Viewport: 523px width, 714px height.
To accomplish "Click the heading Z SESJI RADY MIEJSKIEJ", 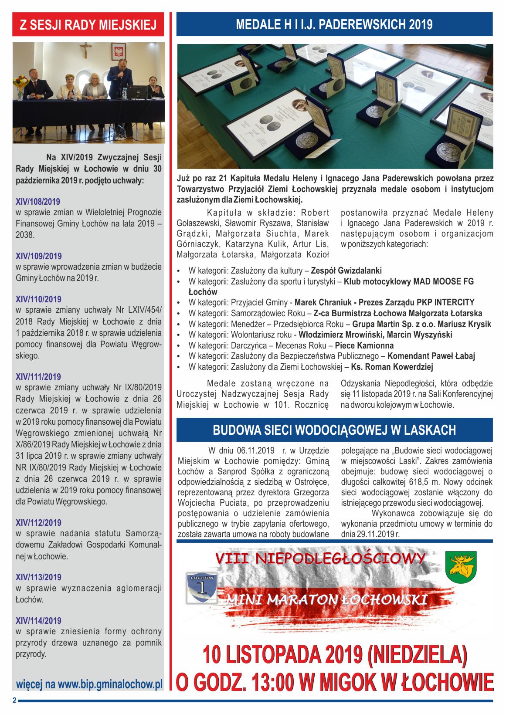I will pyautogui.click(x=88, y=24).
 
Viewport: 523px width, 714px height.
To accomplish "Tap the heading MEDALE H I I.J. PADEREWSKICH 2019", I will pyautogui.click(x=334, y=24).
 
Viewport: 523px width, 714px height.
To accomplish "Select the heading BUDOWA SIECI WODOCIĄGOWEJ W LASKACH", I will pyautogui.click(x=334, y=430).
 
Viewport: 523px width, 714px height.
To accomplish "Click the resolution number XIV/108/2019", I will pyautogui.click(x=38, y=202).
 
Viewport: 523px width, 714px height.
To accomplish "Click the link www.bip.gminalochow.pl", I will pyautogui.click(x=110, y=684).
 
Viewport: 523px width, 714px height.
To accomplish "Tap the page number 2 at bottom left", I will pyautogui.click(x=14, y=700).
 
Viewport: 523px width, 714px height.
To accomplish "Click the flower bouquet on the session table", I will pyautogui.click(x=20, y=83).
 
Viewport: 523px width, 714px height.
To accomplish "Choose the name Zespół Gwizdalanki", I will pyautogui.click(x=346, y=271).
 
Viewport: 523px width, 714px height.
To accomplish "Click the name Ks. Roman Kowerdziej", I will pyautogui.click(x=392, y=367).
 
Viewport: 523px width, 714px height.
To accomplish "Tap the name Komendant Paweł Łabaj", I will pyautogui.click(x=431, y=356).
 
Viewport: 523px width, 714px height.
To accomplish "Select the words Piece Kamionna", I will pyautogui.click(x=364, y=345).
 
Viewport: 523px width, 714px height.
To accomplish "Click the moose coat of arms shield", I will pyautogui.click(x=461, y=567).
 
